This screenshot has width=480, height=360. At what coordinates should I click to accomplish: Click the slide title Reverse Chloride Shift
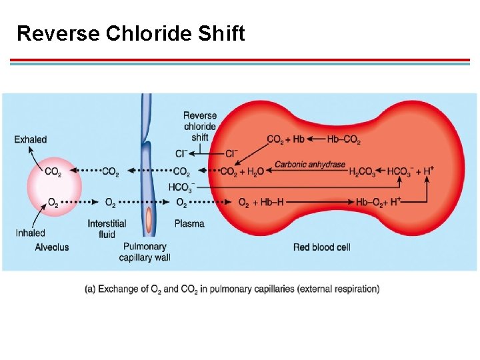[131, 33]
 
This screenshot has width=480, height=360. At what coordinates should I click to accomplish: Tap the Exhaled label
[31, 139]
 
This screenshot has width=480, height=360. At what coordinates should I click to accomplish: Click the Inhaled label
[31, 233]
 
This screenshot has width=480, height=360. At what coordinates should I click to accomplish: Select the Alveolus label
[52, 247]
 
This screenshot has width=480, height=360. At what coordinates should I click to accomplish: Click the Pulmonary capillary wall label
[145, 252]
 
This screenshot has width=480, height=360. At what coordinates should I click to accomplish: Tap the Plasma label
[189, 224]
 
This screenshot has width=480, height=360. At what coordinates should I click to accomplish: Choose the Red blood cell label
[321, 247]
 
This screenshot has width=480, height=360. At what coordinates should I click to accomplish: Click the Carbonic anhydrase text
[310, 165]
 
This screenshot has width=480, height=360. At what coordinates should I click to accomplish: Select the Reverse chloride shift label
[199, 126]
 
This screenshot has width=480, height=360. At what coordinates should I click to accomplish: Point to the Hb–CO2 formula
[344, 139]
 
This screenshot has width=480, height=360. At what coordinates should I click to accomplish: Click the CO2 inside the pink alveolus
[53, 171]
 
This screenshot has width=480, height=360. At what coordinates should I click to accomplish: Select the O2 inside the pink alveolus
[53, 202]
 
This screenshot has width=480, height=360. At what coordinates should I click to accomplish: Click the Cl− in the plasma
[181, 153]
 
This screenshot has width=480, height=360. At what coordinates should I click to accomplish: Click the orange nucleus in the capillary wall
[149, 219]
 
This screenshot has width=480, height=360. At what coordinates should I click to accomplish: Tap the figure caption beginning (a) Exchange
[232, 289]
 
